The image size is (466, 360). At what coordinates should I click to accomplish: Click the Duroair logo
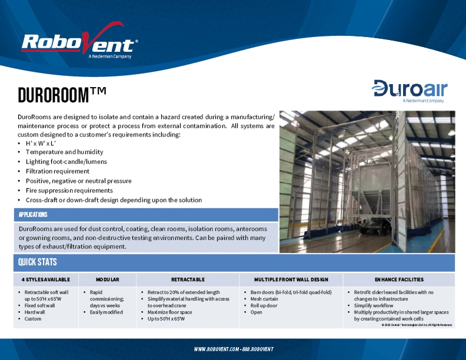tap(410, 90)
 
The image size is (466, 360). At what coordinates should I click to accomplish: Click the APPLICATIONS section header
tap(33, 215)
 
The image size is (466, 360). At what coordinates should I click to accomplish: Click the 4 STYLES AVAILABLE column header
tap(46, 279)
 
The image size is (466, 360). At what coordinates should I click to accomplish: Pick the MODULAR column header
tap(108, 279)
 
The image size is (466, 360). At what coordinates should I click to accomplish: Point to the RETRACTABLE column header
tap(188, 279)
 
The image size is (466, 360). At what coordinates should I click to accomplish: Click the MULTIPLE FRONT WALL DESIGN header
tap(291, 279)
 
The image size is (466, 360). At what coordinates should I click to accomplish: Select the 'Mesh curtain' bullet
tap(264, 299)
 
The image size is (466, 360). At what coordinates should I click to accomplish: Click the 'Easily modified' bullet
tap(106, 312)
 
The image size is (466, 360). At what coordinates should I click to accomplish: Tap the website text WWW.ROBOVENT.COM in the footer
tap(215, 349)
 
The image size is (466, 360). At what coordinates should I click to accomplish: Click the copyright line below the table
tap(417, 325)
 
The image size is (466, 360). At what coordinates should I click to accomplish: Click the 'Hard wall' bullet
tap(35, 312)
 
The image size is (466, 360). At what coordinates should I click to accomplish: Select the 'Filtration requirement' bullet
tap(57, 171)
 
